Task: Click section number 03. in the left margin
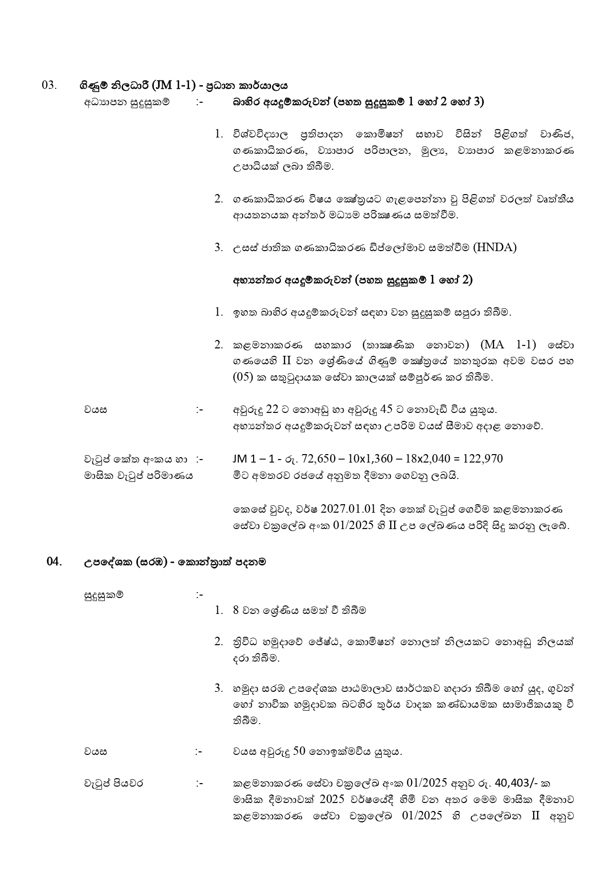pos(50,85)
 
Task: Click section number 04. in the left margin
pos(54,561)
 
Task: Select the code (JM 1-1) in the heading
pos(170,85)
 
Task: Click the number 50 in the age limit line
pos(299,751)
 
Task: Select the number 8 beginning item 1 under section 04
pos(236,610)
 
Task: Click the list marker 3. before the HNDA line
pos(218,247)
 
